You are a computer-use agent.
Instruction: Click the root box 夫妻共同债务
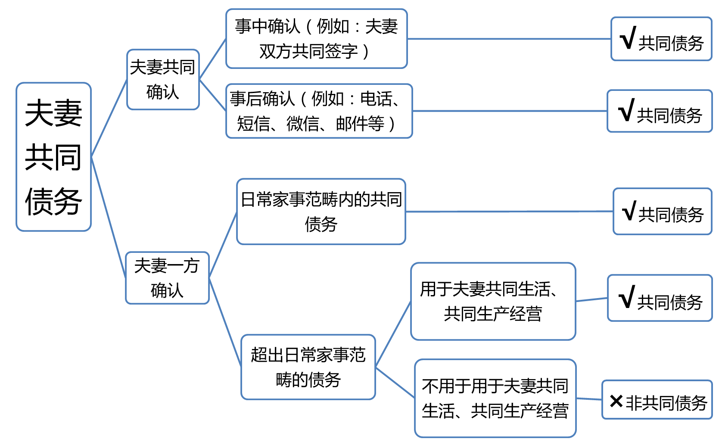53,157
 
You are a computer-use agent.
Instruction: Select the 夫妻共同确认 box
163,80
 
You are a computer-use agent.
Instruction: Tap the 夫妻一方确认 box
167,278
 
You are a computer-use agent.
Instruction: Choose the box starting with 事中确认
316,39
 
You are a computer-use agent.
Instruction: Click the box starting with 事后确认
319,111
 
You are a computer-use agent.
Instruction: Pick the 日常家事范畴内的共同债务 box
321,212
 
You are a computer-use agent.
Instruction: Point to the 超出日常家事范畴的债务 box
308,367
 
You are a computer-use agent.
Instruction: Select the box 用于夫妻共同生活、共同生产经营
493,301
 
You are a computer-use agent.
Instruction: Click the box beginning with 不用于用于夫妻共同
495,398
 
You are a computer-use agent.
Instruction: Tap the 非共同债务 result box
657,400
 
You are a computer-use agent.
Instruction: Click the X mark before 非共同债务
616,401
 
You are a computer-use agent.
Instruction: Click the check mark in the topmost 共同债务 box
628,39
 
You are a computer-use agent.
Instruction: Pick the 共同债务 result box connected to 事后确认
660,111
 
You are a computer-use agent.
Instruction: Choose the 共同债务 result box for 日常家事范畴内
662,212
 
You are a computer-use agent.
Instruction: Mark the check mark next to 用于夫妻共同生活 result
627,297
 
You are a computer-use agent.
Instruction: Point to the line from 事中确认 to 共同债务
508,39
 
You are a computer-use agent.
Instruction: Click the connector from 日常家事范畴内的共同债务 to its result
508,212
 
